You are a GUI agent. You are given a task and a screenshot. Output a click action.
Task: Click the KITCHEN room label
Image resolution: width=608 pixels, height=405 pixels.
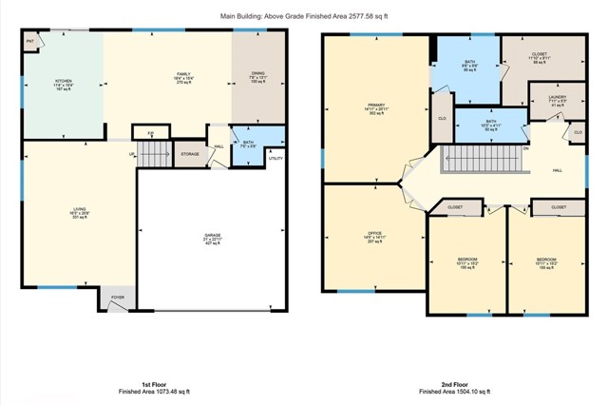tap(63, 82)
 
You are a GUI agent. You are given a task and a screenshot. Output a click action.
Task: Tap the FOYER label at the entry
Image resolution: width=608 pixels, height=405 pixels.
tap(118, 298)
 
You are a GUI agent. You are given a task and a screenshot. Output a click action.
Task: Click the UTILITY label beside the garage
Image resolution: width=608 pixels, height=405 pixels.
tap(275, 158)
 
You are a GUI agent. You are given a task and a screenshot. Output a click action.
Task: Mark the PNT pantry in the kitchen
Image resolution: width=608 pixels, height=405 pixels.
tap(30, 42)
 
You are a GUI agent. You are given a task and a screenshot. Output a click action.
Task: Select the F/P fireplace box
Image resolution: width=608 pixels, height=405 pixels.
tap(150, 132)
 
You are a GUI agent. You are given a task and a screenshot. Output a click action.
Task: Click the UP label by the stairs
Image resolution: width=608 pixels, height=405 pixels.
tap(132, 155)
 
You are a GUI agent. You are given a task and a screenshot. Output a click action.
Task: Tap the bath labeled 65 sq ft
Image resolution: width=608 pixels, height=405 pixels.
tap(468, 64)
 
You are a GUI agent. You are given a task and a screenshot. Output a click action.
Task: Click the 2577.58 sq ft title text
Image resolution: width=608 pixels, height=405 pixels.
tap(303, 16)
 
